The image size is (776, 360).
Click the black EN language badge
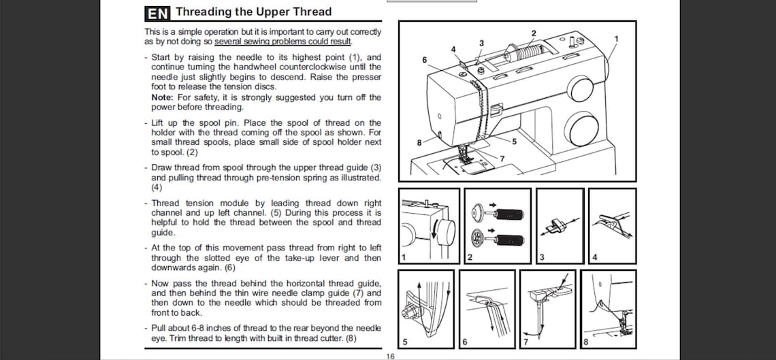(x=158, y=13)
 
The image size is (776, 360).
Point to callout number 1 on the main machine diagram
(x=616, y=39)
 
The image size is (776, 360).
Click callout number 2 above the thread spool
(x=534, y=33)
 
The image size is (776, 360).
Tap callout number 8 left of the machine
(x=419, y=142)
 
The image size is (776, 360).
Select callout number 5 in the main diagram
(x=514, y=142)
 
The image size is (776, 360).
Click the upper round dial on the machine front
(x=580, y=88)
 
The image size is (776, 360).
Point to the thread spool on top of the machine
(x=527, y=53)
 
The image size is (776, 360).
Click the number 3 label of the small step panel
(x=542, y=257)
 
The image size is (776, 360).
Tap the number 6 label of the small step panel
(x=464, y=341)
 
